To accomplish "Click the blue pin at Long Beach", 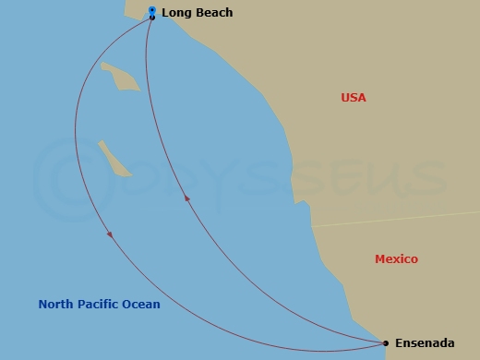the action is (152, 11).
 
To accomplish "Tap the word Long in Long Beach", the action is (177, 13).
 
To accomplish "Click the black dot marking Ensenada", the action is (386, 343).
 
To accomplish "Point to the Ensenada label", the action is (425, 343).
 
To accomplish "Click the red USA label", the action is (354, 97).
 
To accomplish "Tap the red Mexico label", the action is (396, 259).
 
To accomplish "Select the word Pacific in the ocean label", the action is (100, 305).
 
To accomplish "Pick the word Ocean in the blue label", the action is (142, 305).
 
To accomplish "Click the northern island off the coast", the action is (120, 77).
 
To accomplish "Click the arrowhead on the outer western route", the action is (110, 234).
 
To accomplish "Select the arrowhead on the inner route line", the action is (187, 198).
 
